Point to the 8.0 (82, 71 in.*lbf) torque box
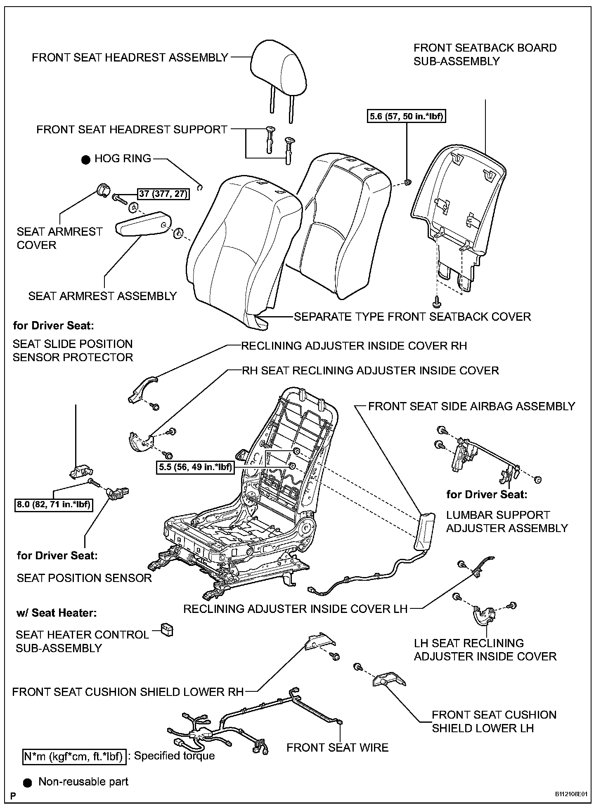[x=53, y=504]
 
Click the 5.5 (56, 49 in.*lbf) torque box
[x=195, y=467]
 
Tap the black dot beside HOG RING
[x=85, y=160]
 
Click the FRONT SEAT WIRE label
[x=337, y=747]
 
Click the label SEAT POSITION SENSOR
[x=84, y=577]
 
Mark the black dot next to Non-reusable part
[x=28, y=782]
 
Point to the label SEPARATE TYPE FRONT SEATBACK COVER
[x=412, y=317]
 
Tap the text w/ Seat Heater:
[x=57, y=613]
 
